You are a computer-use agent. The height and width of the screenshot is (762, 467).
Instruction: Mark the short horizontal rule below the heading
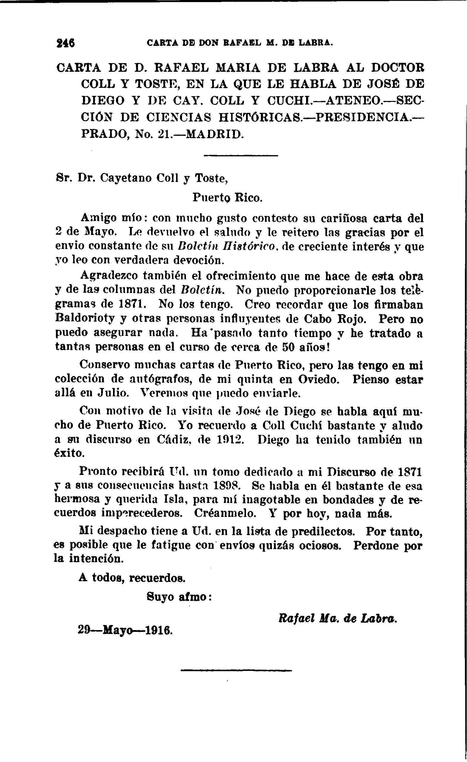coord(241,155)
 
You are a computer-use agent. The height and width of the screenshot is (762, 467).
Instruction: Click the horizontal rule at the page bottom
coord(236,670)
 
